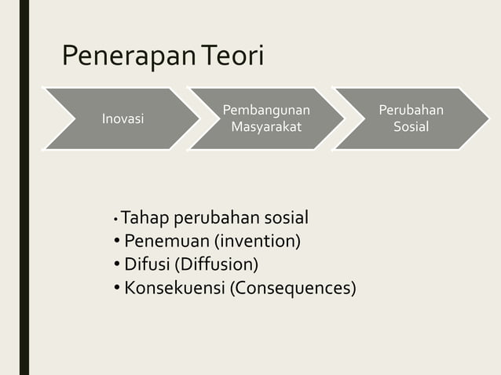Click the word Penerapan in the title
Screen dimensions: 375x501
click(x=129, y=57)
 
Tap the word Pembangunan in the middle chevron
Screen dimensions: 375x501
click(x=266, y=110)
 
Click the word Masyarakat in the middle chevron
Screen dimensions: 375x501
click(x=266, y=126)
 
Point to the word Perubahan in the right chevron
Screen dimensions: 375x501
click(x=411, y=110)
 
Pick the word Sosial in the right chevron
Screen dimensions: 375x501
click(x=411, y=126)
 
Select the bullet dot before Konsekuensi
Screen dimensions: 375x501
click(x=117, y=288)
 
